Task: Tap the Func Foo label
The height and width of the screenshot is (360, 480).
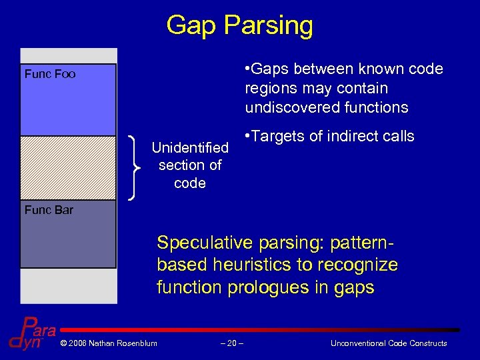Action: pos(50,74)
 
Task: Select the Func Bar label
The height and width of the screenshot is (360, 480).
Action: pos(49,210)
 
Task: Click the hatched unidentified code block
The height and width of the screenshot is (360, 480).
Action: pos(68,167)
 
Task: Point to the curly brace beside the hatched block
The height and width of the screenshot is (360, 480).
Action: pos(137,167)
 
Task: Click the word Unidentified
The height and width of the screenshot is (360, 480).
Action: pos(190,147)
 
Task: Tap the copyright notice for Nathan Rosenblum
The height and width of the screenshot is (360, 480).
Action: pos(109,343)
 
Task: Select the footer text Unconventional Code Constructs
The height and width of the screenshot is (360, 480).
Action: pos(389,343)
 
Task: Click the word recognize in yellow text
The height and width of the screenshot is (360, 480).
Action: pos(358,265)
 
